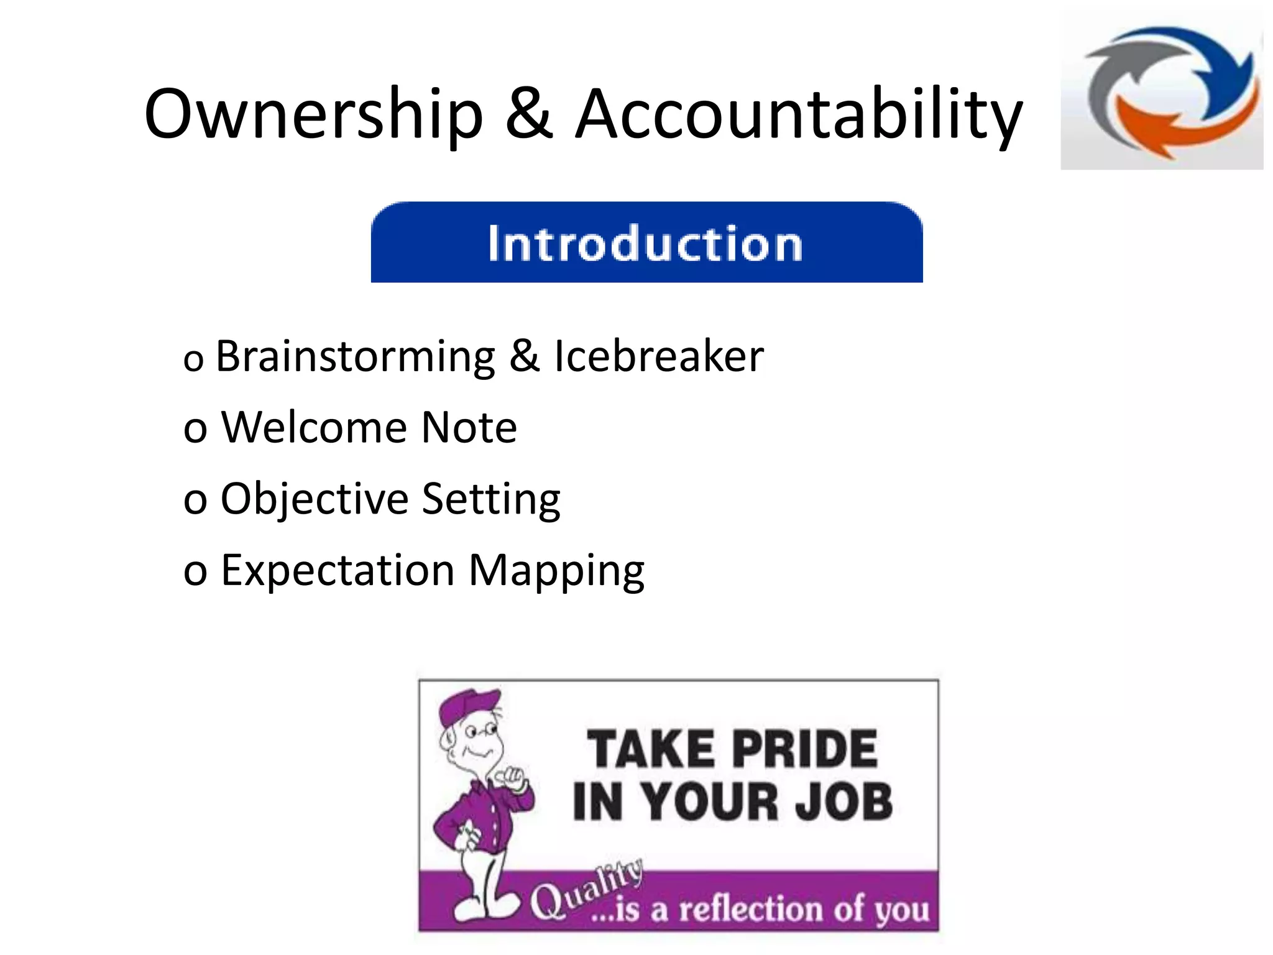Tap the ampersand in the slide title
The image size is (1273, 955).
coord(529,114)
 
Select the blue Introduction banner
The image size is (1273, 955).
coord(646,242)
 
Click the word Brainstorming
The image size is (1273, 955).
coord(355,358)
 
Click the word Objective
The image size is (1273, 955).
coord(314,500)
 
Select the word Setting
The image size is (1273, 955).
coord(491,500)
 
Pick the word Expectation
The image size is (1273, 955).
coord(338,571)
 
